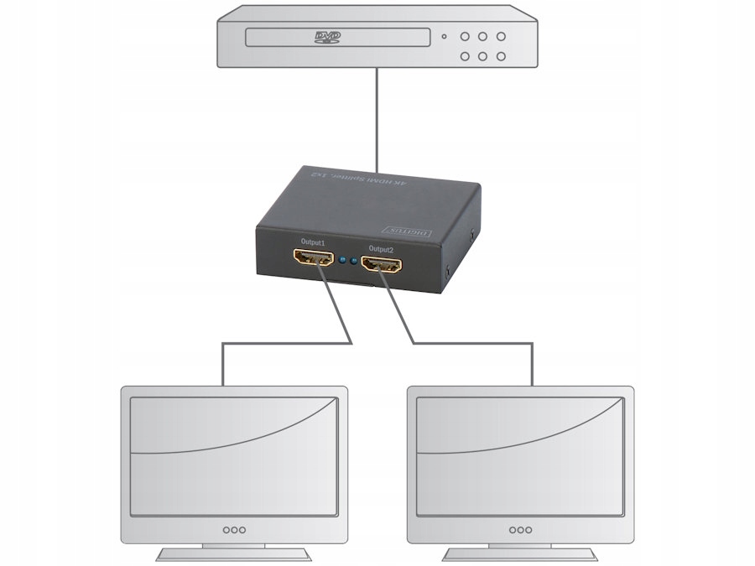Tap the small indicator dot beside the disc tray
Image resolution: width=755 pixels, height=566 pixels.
point(443,37)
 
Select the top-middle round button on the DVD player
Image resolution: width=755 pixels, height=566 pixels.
point(482,36)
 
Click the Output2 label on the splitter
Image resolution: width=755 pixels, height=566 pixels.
point(381,249)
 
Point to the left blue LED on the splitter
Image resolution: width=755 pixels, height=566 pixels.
point(344,261)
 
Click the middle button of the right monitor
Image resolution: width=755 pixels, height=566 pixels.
point(520,529)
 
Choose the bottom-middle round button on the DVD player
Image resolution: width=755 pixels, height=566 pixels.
point(482,56)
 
